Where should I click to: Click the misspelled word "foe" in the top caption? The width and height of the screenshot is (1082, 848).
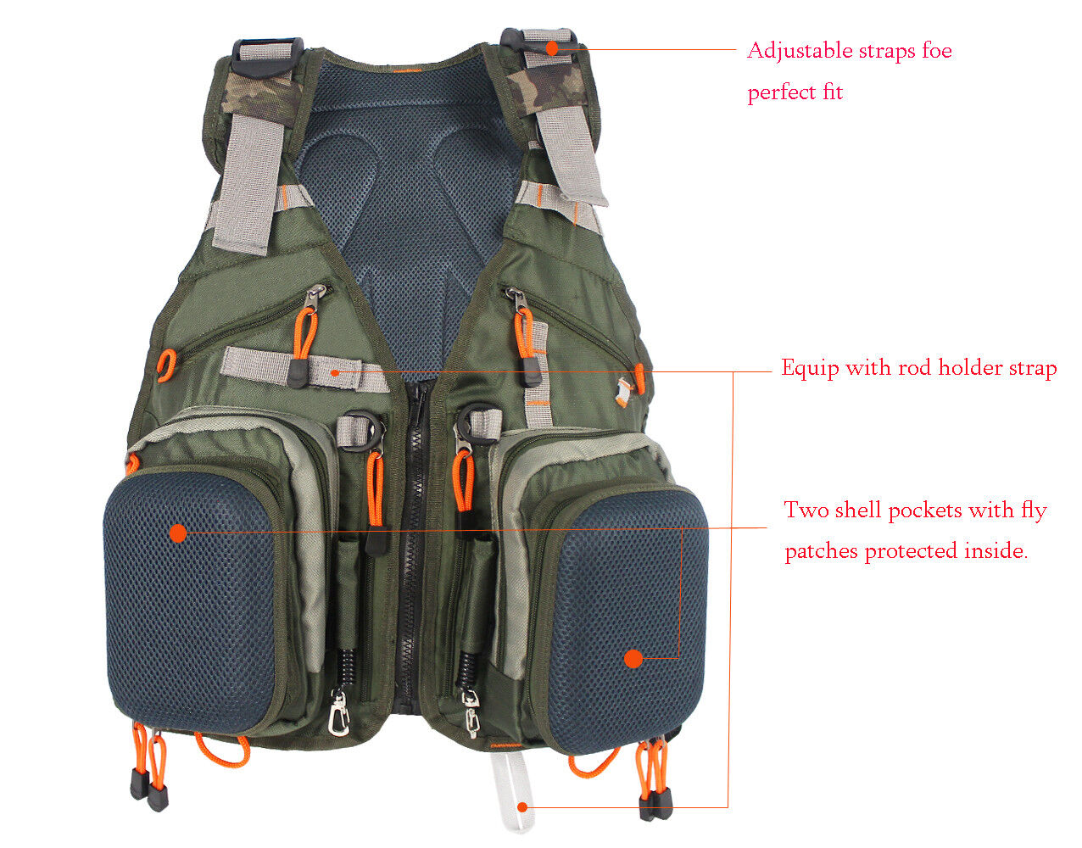pyautogui.click(x=936, y=51)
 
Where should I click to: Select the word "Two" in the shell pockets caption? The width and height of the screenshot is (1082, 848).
pyautogui.click(x=800, y=510)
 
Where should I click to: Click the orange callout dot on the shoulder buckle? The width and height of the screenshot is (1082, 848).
pyautogui.click(x=551, y=47)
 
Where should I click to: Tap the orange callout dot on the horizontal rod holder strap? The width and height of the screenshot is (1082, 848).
pyautogui.click(x=336, y=371)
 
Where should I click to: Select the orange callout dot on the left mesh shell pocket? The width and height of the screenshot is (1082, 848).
pyautogui.click(x=177, y=533)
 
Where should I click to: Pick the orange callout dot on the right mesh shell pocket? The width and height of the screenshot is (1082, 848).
pyautogui.click(x=633, y=658)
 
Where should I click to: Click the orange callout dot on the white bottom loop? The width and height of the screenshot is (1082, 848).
pyautogui.click(x=523, y=806)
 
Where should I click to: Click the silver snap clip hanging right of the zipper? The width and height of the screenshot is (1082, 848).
pyautogui.click(x=471, y=711)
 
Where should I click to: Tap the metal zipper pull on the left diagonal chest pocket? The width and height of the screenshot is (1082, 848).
pyautogui.click(x=316, y=296)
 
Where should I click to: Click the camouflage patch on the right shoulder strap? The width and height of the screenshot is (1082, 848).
pyautogui.click(x=548, y=86)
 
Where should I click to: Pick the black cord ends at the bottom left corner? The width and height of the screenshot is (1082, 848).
pyautogui.click(x=148, y=789)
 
